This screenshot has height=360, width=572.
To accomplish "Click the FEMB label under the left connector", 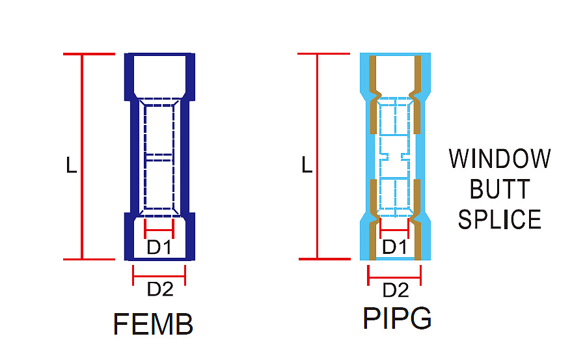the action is click(x=153, y=324).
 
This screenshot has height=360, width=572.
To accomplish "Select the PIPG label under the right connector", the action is click(x=397, y=318).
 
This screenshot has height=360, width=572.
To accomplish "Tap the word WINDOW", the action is click(x=499, y=159).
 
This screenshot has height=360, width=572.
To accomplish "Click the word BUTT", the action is click(x=499, y=189).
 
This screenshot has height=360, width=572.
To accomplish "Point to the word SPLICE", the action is click(x=499, y=219).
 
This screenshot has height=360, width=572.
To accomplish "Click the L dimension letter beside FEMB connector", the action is click(x=71, y=165).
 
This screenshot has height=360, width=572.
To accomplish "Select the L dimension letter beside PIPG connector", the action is click(x=306, y=165).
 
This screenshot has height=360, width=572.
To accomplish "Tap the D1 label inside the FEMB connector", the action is click(x=159, y=247).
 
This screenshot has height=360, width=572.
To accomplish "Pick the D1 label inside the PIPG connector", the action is click(x=394, y=247).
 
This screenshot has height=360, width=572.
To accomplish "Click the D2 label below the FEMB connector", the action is click(x=160, y=289).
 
